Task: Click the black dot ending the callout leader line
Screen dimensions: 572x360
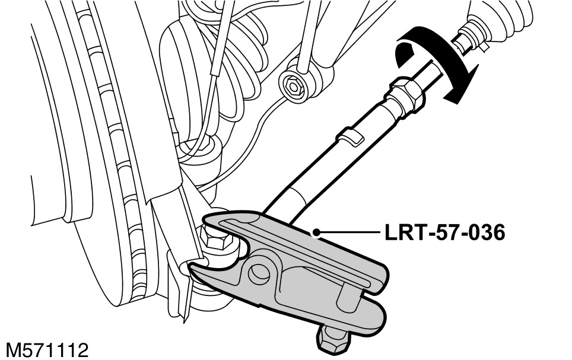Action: click(319, 232)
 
